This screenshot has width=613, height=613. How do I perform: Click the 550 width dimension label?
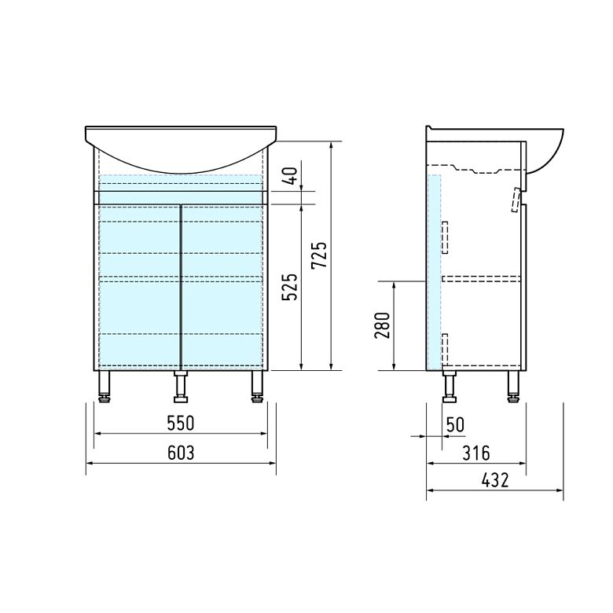180,424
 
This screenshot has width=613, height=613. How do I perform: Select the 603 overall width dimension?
181,453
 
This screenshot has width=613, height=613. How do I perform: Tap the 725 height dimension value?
319,255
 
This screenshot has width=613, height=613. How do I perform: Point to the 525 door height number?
290,287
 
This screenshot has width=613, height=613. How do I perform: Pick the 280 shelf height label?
383,325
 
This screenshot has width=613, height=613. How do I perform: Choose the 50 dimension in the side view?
455,424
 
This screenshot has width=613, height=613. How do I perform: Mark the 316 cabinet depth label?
476,453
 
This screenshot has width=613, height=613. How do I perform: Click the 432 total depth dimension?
495,480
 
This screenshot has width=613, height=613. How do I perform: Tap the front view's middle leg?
181,386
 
